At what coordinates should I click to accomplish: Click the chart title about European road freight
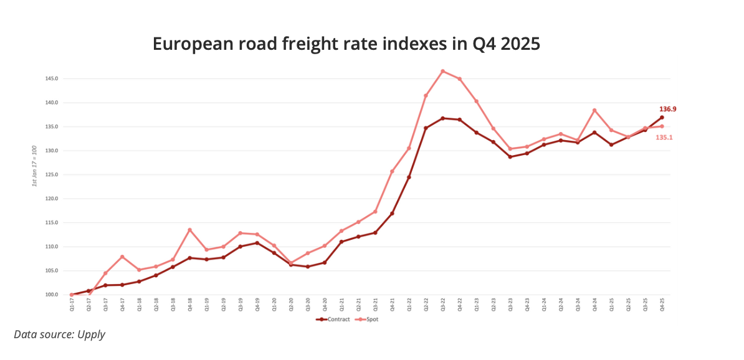pyautogui.click(x=346, y=45)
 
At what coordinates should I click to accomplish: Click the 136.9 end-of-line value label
pyautogui.click(x=668, y=109)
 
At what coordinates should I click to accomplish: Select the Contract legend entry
pyautogui.click(x=331, y=319)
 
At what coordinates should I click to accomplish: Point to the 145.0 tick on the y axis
pyautogui.click(x=52, y=79)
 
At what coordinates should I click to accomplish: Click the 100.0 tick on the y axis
pyautogui.click(x=52, y=295)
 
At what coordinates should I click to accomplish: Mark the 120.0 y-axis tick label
pyautogui.click(x=52, y=199)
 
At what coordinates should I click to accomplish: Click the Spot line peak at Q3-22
pyautogui.click(x=442, y=71)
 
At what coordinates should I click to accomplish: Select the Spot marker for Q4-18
pyautogui.click(x=189, y=230)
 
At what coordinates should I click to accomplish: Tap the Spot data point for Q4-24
pyautogui.click(x=594, y=110)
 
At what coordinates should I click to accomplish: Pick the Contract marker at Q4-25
pyautogui.click(x=662, y=117)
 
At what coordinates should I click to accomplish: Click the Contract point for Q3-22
pyautogui.click(x=442, y=118)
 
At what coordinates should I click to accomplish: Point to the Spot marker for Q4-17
pyautogui.click(x=122, y=257)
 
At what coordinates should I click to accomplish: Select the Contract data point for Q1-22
pyautogui.click(x=409, y=178)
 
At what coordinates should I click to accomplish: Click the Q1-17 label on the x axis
pyautogui.click(x=72, y=305)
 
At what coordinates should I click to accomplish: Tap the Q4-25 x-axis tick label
pyautogui.click(x=662, y=305)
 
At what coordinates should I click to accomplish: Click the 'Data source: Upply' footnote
pyautogui.click(x=60, y=334)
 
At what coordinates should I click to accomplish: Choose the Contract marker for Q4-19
pyautogui.click(x=257, y=243)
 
